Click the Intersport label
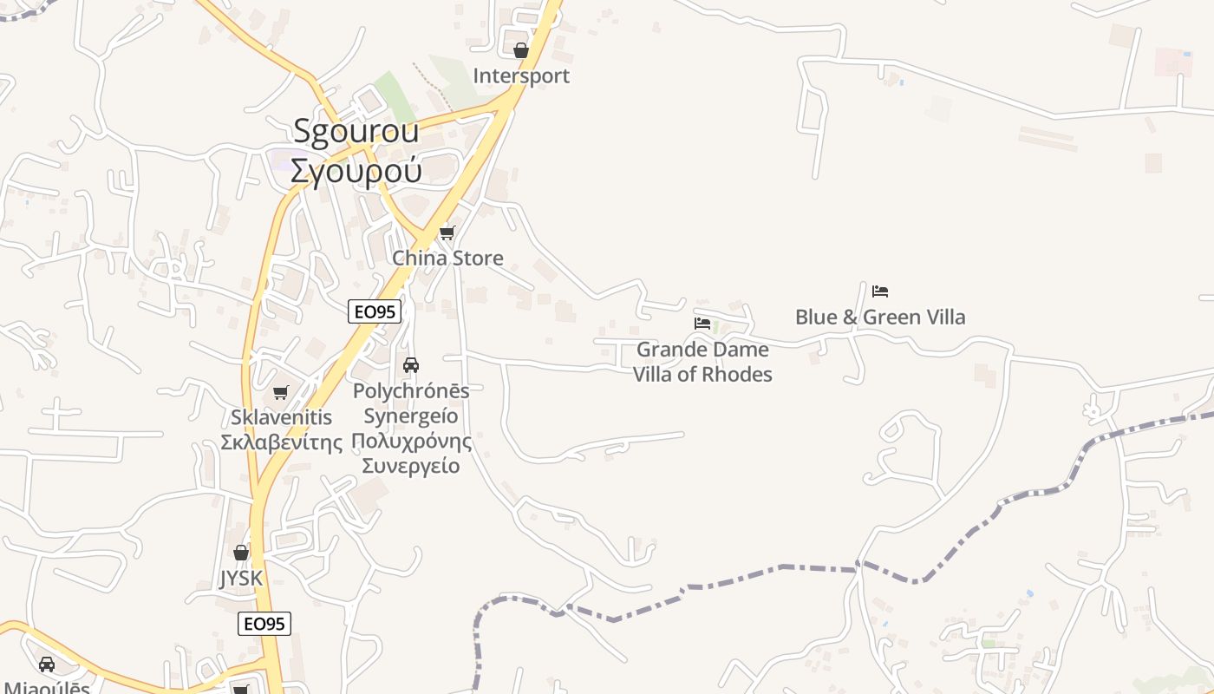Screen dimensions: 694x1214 (x=521, y=76)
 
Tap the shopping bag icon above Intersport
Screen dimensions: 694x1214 (x=521, y=51)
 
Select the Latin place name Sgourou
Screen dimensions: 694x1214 (x=356, y=131)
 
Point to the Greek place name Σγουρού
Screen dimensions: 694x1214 (x=356, y=170)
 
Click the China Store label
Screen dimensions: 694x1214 (x=447, y=259)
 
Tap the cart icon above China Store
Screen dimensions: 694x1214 (x=447, y=232)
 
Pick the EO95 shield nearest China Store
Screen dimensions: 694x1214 (x=375, y=311)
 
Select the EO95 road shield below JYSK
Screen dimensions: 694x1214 (x=264, y=624)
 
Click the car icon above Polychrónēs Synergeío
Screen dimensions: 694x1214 (x=411, y=365)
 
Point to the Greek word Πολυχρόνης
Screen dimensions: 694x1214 (x=411, y=441)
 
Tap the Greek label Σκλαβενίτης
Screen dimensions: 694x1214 (x=281, y=442)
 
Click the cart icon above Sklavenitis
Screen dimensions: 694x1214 (x=280, y=393)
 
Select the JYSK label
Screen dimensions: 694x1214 (x=240, y=579)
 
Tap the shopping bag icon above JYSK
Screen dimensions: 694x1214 (x=241, y=553)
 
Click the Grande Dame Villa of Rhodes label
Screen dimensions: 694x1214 (x=702, y=362)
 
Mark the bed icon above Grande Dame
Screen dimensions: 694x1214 (x=702, y=324)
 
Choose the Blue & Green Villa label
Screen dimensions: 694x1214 (x=880, y=318)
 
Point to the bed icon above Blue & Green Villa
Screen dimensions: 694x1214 (x=880, y=291)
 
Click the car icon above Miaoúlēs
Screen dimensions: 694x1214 (x=47, y=665)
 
